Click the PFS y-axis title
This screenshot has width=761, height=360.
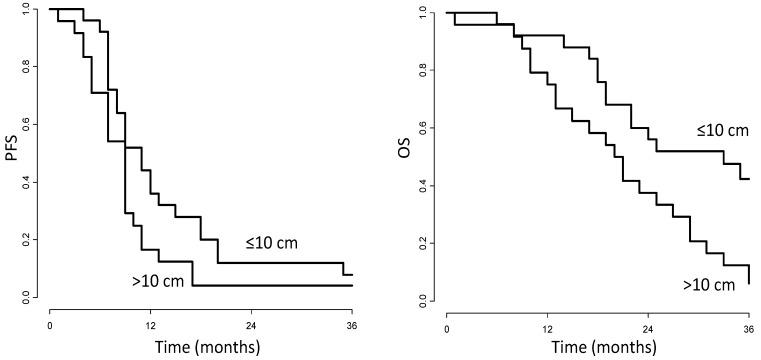[12, 153]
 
